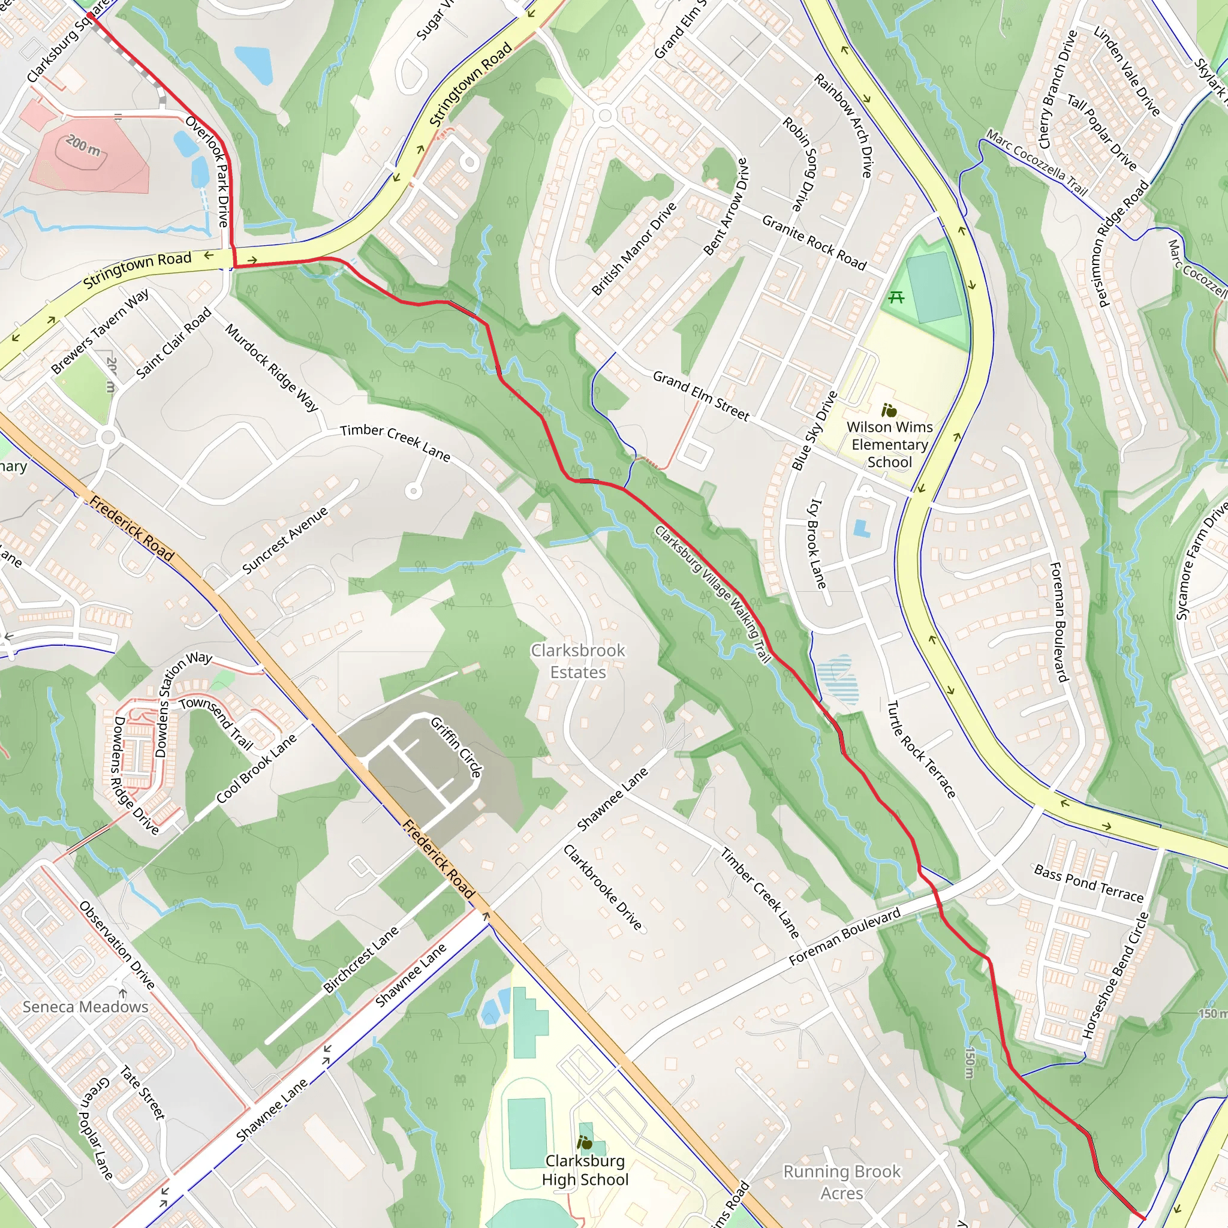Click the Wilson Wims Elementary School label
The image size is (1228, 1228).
pyautogui.click(x=889, y=445)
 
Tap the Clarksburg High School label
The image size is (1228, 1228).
pyautogui.click(x=585, y=1170)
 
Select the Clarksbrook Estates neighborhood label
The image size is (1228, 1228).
pyautogui.click(x=578, y=661)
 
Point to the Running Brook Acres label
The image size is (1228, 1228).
pyautogui.click(x=841, y=1182)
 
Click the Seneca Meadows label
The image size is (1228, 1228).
pyautogui.click(x=86, y=1007)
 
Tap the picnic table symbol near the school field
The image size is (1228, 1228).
pyautogui.click(x=896, y=297)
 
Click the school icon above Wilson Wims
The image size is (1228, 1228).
pyautogui.click(x=889, y=411)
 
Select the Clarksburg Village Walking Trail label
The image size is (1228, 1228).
pyautogui.click(x=712, y=594)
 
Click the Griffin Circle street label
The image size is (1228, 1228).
pyautogui.click(x=456, y=748)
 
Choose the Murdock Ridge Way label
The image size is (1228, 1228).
pyautogui.click(x=272, y=368)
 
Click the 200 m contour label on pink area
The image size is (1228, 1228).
pyautogui.click(x=83, y=146)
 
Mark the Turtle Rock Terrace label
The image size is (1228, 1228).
pyautogui.click(x=921, y=750)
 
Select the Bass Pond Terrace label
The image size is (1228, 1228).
pyautogui.click(x=1089, y=883)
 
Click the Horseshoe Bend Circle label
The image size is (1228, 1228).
pyautogui.click(x=1116, y=976)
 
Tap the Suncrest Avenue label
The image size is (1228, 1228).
pyautogui.click(x=285, y=540)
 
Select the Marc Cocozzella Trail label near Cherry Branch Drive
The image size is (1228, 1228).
pyautogui.click(x=1037, y=162)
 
